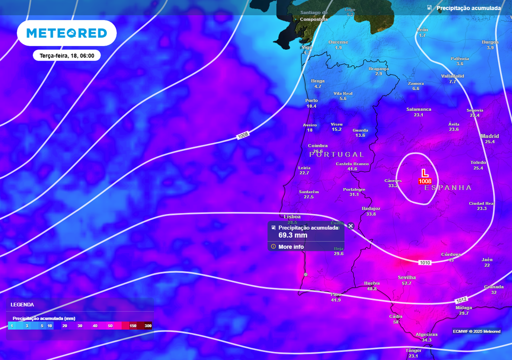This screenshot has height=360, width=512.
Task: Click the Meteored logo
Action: point(67,33)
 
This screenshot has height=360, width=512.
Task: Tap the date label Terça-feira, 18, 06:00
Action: point(67,55)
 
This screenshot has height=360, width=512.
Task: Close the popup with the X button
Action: point(351,226)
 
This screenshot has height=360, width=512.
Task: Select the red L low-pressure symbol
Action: point(424,173)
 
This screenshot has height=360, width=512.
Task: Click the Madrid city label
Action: point(490,136)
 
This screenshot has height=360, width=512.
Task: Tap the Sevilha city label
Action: point(407,278)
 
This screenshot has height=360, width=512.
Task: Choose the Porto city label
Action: point(312,100)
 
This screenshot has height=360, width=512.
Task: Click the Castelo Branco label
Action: point(352,164)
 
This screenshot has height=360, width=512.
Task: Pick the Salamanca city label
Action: point(419,109)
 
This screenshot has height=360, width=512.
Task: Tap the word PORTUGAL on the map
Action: point(337,155)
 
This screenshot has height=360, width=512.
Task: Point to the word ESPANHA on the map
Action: point(451,188)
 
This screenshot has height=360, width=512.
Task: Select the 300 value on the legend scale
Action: point(148,325)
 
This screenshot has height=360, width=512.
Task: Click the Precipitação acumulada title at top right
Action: point(468,8)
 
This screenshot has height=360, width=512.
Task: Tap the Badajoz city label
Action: point(371,209)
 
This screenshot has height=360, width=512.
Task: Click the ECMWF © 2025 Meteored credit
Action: point(476,331)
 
